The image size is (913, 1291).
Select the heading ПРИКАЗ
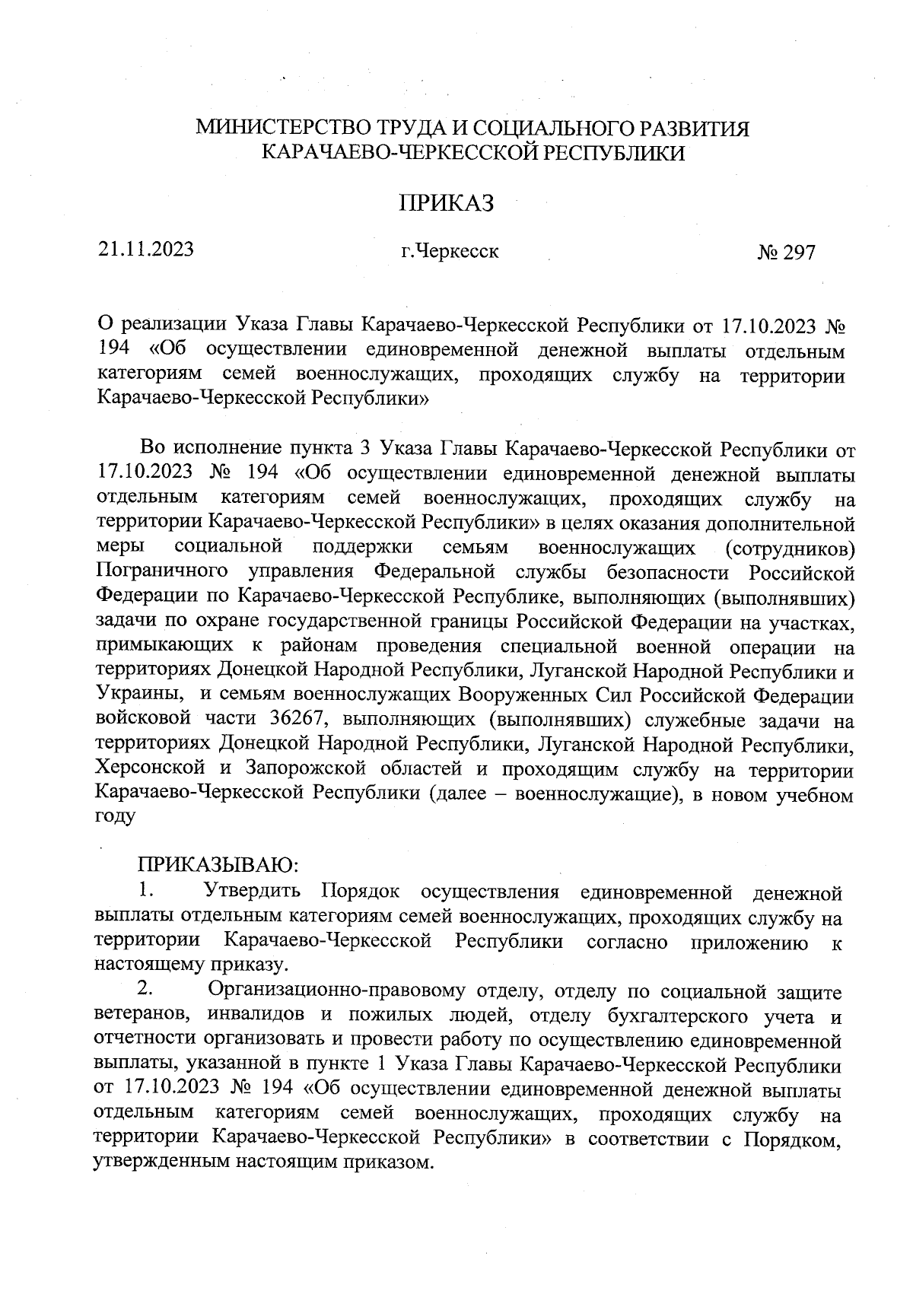coord(447,203)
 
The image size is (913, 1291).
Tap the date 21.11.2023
coord(145,249)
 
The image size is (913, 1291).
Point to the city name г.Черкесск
coord(450,250)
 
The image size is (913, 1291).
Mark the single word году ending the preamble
coord(115,818)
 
